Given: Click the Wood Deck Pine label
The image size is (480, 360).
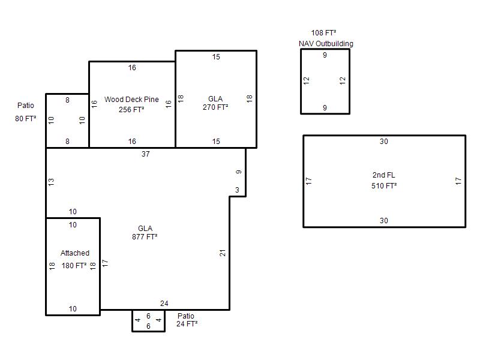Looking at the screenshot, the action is point(131,100).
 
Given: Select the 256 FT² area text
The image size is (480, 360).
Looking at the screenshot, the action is point(131,110).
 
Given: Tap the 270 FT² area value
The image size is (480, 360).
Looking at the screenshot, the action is point(215,107).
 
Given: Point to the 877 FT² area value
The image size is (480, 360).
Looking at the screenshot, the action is point(145,236).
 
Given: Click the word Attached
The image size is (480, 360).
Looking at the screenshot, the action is point(75,253).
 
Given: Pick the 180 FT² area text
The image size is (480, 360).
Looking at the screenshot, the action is point(74,266).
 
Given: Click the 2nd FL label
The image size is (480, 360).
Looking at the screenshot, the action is point(384,175).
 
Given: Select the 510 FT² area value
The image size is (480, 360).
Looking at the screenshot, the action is point(384,186).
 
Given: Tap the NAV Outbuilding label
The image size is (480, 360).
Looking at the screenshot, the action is point(326,44).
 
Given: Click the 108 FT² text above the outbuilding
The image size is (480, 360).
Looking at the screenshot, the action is point(324,33).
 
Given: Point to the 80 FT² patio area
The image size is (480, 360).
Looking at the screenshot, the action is point(26,118).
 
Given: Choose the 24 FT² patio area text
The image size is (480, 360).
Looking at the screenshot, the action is point(187,324).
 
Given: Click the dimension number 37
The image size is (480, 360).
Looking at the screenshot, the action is point(146,154).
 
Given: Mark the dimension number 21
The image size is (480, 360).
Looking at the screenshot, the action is point(223,253).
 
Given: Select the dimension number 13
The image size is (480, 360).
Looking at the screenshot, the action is point(51,182).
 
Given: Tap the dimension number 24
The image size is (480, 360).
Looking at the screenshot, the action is point(164,304).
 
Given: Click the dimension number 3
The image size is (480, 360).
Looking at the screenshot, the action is point(237,190).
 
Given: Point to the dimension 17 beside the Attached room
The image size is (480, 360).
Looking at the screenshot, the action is point(105,263).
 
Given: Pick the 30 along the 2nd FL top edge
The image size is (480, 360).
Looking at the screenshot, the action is point(384,142).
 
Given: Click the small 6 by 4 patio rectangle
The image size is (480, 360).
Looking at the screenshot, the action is point(148,331).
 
